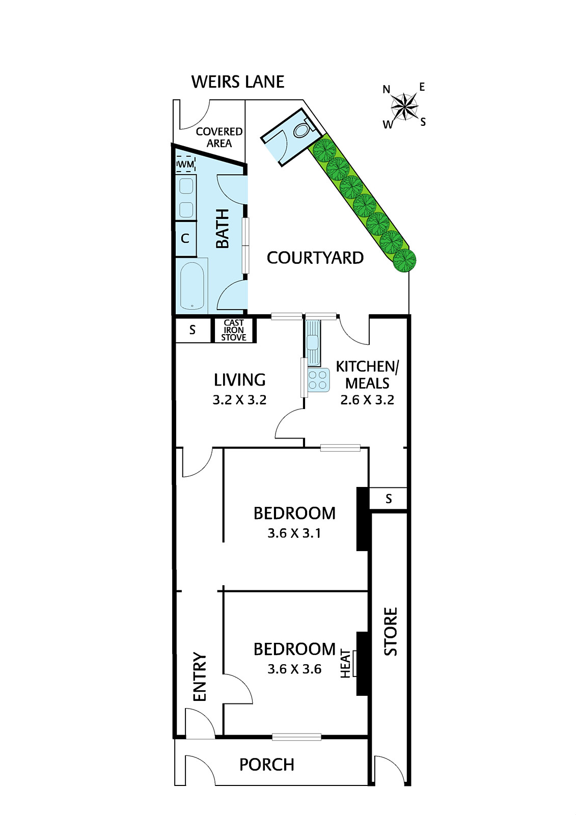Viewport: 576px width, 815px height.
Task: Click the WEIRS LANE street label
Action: (237, 82)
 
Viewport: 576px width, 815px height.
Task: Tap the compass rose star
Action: (404, 106)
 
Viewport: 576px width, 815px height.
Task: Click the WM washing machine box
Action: (185, 164)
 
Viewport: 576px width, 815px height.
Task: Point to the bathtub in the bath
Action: (193, 286)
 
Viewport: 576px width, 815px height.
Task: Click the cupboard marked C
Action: (185, 238)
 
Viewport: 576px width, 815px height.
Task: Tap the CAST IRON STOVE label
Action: (234, 330)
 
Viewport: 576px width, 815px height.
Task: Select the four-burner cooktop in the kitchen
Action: (318, 380)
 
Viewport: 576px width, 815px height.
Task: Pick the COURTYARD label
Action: (315, 258)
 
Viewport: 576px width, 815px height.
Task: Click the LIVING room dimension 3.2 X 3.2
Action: (239, 400)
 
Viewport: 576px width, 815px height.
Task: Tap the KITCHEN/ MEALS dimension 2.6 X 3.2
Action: (367, 400)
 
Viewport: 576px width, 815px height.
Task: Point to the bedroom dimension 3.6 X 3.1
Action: (294, 533)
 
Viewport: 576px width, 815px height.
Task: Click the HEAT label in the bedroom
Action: (346, 664)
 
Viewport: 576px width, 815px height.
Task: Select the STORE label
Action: (390, 631)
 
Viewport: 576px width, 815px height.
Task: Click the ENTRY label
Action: (200, 676)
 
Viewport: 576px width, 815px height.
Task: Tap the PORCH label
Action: (266, 765)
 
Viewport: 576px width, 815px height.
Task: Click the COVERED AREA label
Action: (219, 138)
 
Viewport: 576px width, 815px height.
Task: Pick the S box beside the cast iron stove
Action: (193, 330)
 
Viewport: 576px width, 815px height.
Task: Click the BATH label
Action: (223, 229)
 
